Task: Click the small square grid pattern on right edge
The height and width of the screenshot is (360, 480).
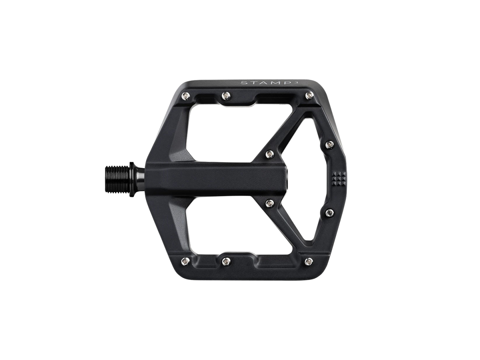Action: pyautogui.click(x=339, y=178)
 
